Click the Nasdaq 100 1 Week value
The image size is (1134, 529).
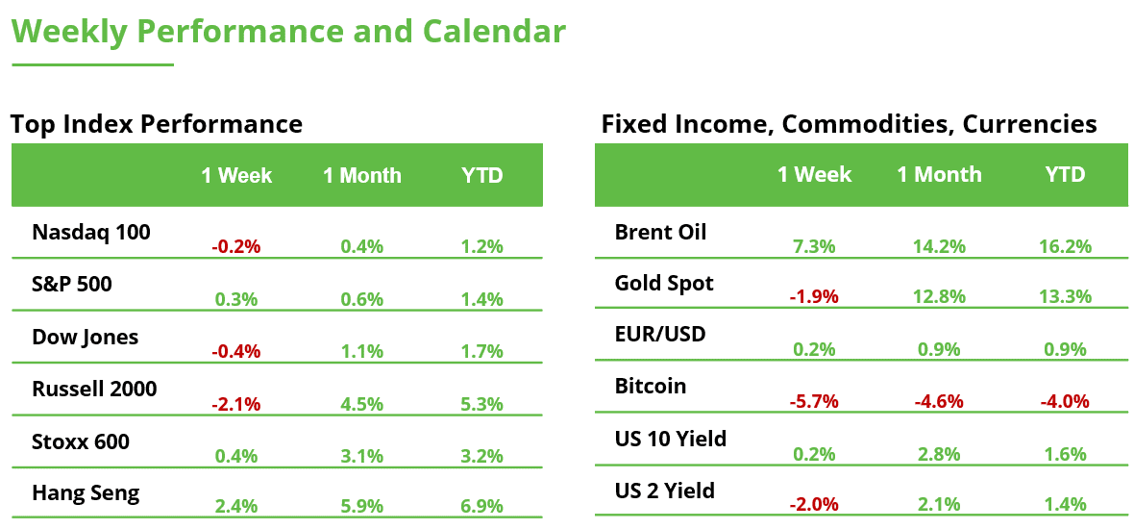[x=236, y=246]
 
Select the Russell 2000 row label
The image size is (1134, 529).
[x=94, y=389]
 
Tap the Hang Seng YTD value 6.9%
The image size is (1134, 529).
[x=481, y=506]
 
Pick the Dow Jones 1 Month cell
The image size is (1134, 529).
[x=361, y=351]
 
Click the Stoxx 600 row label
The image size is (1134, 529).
[x=81, y=441]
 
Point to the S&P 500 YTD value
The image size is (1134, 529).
[x=481, y=299]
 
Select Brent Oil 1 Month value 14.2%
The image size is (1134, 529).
[x=939, y=246]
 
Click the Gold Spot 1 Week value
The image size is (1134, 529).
[x=814, y=297]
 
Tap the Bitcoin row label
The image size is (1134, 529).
[x=651, y=386]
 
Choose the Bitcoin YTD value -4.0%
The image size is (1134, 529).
[x=1065, y=401]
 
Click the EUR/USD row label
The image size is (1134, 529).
[x=660, y=334]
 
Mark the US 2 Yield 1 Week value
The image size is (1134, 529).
[x=814, y=504]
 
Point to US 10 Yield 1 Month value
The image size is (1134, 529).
[x=939, y=454]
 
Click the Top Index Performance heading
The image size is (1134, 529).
[x=157, y=124]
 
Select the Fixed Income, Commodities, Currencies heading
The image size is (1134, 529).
[x=849, y=124]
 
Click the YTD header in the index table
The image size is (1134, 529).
[x=482, y=175]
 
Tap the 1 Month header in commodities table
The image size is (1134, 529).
[x=939, y=174]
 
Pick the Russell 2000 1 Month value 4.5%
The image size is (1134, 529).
[x=361, y=404]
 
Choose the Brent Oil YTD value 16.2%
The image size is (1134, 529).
[x=1065, y=246]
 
